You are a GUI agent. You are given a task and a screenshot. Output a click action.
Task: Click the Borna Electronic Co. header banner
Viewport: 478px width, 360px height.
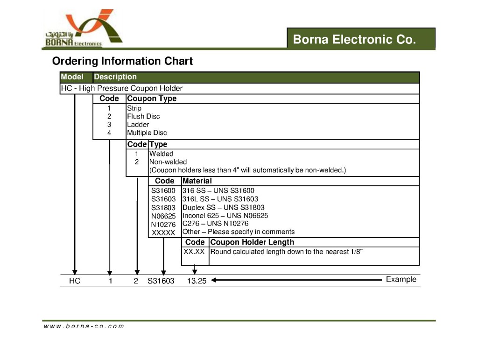361,39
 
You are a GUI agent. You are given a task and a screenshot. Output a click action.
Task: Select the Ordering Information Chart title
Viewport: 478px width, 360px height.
122,61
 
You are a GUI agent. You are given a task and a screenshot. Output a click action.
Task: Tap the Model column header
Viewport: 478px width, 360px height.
72,77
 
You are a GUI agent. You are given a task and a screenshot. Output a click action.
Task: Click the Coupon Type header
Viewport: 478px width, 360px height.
152,99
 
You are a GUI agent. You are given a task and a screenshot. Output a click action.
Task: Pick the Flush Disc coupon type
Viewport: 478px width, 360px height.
143,116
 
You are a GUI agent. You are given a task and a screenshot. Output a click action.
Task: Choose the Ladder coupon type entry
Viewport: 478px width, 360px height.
138,125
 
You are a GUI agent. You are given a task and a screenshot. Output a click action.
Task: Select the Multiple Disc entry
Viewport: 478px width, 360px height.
147,133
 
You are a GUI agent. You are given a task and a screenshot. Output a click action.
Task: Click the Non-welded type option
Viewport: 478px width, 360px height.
168,162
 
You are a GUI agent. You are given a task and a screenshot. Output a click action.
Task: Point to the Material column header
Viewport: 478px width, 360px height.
197,181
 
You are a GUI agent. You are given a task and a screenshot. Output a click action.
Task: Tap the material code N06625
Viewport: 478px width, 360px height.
163,216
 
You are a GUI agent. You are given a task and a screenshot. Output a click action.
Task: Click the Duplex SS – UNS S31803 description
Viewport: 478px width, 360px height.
224,207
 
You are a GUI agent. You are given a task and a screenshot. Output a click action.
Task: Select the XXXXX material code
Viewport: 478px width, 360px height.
163,233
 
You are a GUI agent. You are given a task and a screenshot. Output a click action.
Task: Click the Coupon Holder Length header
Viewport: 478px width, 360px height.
252,242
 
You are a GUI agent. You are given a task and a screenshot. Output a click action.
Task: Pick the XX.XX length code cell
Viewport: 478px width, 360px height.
195,252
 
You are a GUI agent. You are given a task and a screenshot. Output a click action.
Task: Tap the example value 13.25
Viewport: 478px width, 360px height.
197,281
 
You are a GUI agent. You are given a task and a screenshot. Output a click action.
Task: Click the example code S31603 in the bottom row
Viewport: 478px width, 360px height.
161,281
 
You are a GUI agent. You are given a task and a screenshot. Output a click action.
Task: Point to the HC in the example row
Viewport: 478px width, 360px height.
75,281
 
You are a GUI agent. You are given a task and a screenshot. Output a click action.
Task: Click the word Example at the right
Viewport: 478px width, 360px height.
401,279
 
